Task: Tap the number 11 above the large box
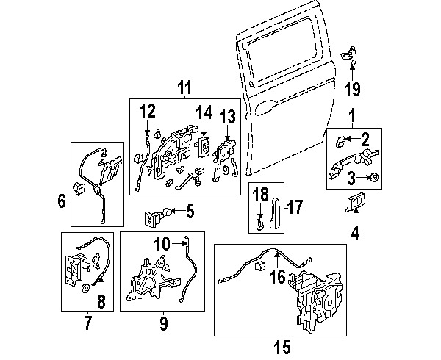(x=184, y=89)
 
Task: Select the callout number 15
(x=282, y=345)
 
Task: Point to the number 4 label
(x=355, y=235)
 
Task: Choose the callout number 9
(x=164, y=321)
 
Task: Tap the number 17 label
(x=294, y=208)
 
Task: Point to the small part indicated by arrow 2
(x=340, y=138)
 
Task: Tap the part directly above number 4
(x=354, y=200)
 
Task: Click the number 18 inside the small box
(x=261, y=195)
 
